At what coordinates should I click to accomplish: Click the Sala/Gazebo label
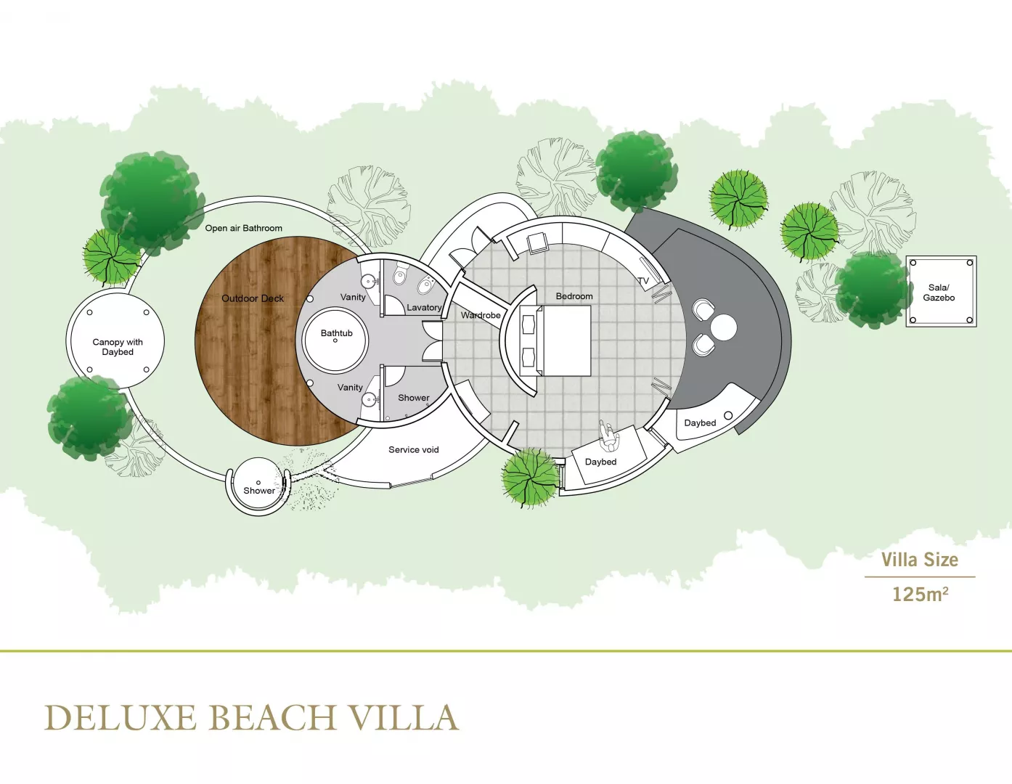(939, 293)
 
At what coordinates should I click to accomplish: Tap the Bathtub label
(336, 333)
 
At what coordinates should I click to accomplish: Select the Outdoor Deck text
(253, 298)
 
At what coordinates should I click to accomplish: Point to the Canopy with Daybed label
(118, 347)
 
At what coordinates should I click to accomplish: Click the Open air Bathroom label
(244, 228)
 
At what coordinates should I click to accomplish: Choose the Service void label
(414, 450)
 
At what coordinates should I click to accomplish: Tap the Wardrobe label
(481, 315)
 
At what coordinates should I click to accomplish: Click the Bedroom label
(574, 296)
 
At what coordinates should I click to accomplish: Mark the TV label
(643, 281)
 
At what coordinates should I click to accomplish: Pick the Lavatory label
(424, 308)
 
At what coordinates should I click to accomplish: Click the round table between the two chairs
(723, 327)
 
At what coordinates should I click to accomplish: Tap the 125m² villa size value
(920, 594)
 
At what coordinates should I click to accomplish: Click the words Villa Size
(920, 559)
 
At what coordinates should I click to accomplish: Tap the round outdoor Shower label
(259, 490)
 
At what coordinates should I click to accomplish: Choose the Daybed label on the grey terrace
(700, 422)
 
